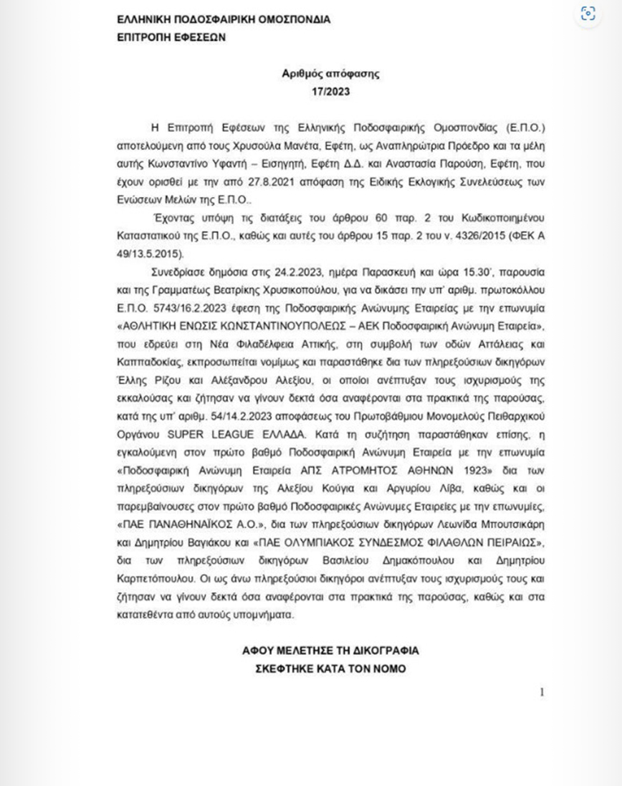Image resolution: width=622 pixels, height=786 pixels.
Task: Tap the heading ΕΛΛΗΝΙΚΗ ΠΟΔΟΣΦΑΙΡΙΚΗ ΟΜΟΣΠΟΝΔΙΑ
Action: [223, 20]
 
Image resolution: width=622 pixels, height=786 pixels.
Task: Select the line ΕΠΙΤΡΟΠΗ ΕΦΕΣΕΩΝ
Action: [171, 37]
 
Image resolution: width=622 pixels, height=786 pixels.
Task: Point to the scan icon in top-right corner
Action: [588, 14]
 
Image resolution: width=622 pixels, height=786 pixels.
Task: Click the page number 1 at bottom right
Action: [542, 691]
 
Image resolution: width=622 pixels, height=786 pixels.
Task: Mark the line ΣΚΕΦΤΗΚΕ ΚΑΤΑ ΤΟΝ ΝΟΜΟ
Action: [330, 669]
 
